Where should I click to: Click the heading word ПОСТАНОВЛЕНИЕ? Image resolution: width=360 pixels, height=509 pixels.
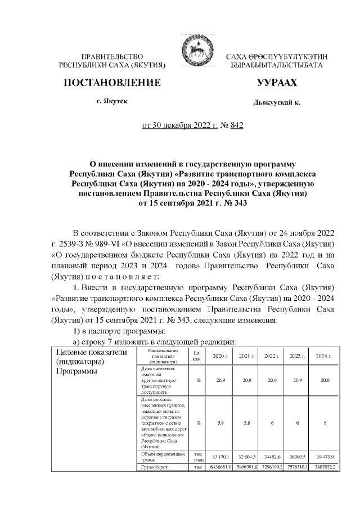click(x=113, y=83)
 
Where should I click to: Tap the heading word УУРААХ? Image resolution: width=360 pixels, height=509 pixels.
click(x=276, y=83)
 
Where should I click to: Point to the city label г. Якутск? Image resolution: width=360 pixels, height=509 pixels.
click(x=112, y=101)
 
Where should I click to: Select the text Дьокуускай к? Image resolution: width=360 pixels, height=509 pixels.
click(x=277, y=103)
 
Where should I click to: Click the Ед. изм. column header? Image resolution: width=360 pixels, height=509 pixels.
click(x=197, y=356)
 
